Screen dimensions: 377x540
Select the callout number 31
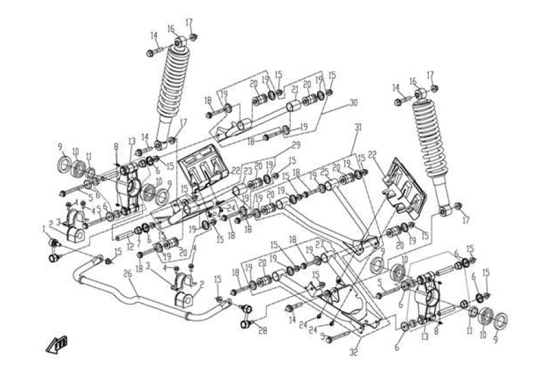pyautogui.click(x=359, y=128)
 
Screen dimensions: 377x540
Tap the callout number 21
pyautogui.click(x=294, y=89)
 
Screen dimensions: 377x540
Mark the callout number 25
pyautogui.click(x=325, y=171)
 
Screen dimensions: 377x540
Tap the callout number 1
pyautogui.click(x=45, y=227)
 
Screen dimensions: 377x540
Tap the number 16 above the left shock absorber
pyautogui.click(x=170, y=28)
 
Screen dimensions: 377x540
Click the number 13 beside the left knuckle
pyautogui.click(x=132, y=141)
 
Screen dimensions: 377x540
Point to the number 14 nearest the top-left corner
pyautogui.click(x=154, y=35)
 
